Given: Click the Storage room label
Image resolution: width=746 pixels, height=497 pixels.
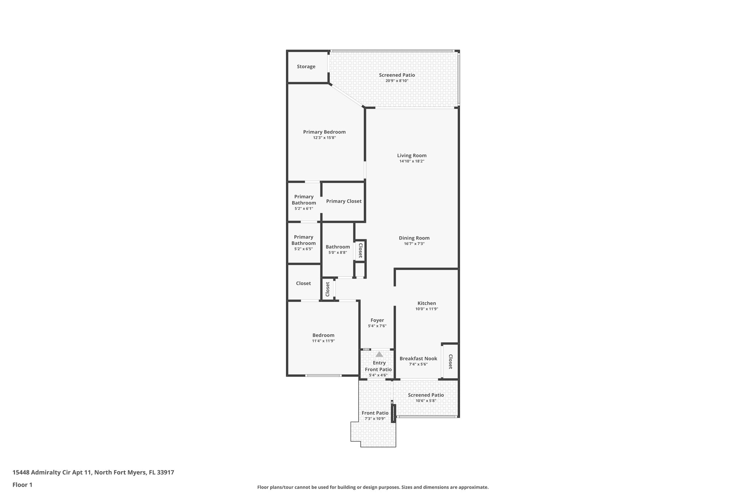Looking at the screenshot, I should [306, 67].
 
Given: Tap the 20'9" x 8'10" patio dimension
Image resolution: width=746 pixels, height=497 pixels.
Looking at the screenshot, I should [397, 81].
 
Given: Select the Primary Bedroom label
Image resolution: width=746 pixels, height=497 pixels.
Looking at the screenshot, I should [324, 132].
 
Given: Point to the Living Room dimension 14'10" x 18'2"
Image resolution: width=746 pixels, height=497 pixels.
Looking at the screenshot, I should [412, 161].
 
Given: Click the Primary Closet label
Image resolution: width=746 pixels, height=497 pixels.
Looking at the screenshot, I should [343, 201].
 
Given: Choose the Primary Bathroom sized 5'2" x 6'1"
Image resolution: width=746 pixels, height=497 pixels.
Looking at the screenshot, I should [303, 202].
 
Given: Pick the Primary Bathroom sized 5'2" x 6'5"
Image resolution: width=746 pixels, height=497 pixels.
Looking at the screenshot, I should [303, 242].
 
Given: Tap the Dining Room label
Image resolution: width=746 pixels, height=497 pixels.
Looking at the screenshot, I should [414, 238].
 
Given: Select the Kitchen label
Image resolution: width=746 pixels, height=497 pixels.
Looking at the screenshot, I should [427, 303].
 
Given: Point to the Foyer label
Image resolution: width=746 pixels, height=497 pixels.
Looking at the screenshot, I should [377, 320].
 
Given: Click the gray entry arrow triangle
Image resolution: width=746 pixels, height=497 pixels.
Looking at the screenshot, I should [379, 354].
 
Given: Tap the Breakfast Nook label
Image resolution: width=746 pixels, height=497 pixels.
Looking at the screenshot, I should [418, 359].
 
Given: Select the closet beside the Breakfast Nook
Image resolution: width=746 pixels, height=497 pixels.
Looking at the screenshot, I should [450, 361].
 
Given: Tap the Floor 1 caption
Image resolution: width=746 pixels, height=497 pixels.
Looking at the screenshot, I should [23, 485].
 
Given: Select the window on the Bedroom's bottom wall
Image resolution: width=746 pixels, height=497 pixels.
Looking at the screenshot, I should [323, 375].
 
